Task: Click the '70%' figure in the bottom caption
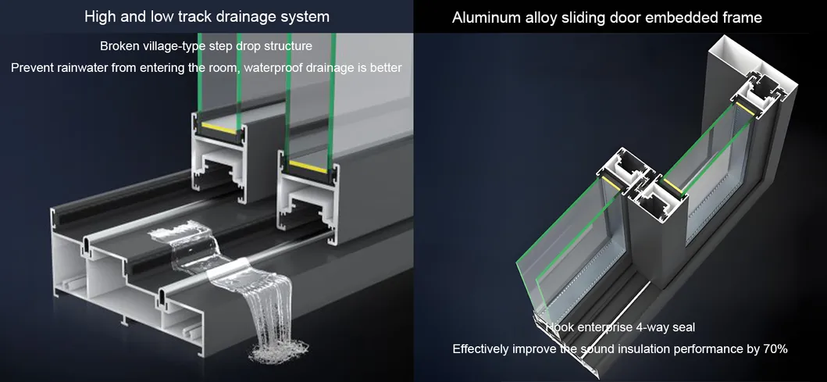click(773, 348)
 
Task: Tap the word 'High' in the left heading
click(99, 16)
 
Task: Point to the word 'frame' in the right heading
click(742, 17)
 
